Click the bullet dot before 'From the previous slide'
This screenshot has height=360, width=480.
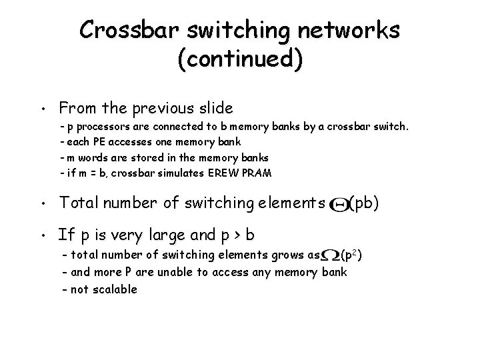(42, 109)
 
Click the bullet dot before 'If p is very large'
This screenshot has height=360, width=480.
(42, 237)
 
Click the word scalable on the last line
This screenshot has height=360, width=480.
(114, 289)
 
